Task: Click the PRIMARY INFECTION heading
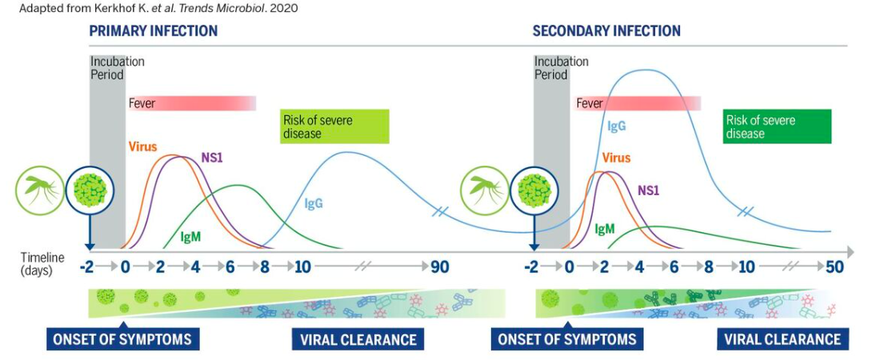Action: pyautogui.click(x=153, y=30)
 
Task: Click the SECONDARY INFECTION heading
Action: pyautogui.click(x=606, y=30)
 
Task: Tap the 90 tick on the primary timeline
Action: pyautogui.click(x=439, y=267)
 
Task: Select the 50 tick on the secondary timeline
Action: pyautogui.click(x=834, y=267)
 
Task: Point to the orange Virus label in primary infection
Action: pyautogui.click(x=143, y=147)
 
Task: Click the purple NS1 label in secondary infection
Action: pyautogui.click(x=648, y=191)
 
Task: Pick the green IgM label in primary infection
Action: pyautogui.click(x=190, y=237)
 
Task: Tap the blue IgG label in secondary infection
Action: pyautogui.click(x=617, y=126)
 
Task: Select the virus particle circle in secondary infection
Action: pyautogui.click(x=534, y=190)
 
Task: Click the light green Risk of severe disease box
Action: pyautogui.click(x=334, y=127)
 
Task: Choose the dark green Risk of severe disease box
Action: pyautogui.click(x=777, y=127)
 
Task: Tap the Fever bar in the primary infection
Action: pyautogui.click(x=192, y=103)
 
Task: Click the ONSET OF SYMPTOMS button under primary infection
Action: pyautogui.click(x=122, y=339)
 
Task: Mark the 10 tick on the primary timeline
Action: pyautogui.click(x=302, y=267)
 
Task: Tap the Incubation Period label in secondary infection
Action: pyautogui.click(x=562, y=67)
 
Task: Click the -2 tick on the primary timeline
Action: pyautogui.click(x=86, y=267)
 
